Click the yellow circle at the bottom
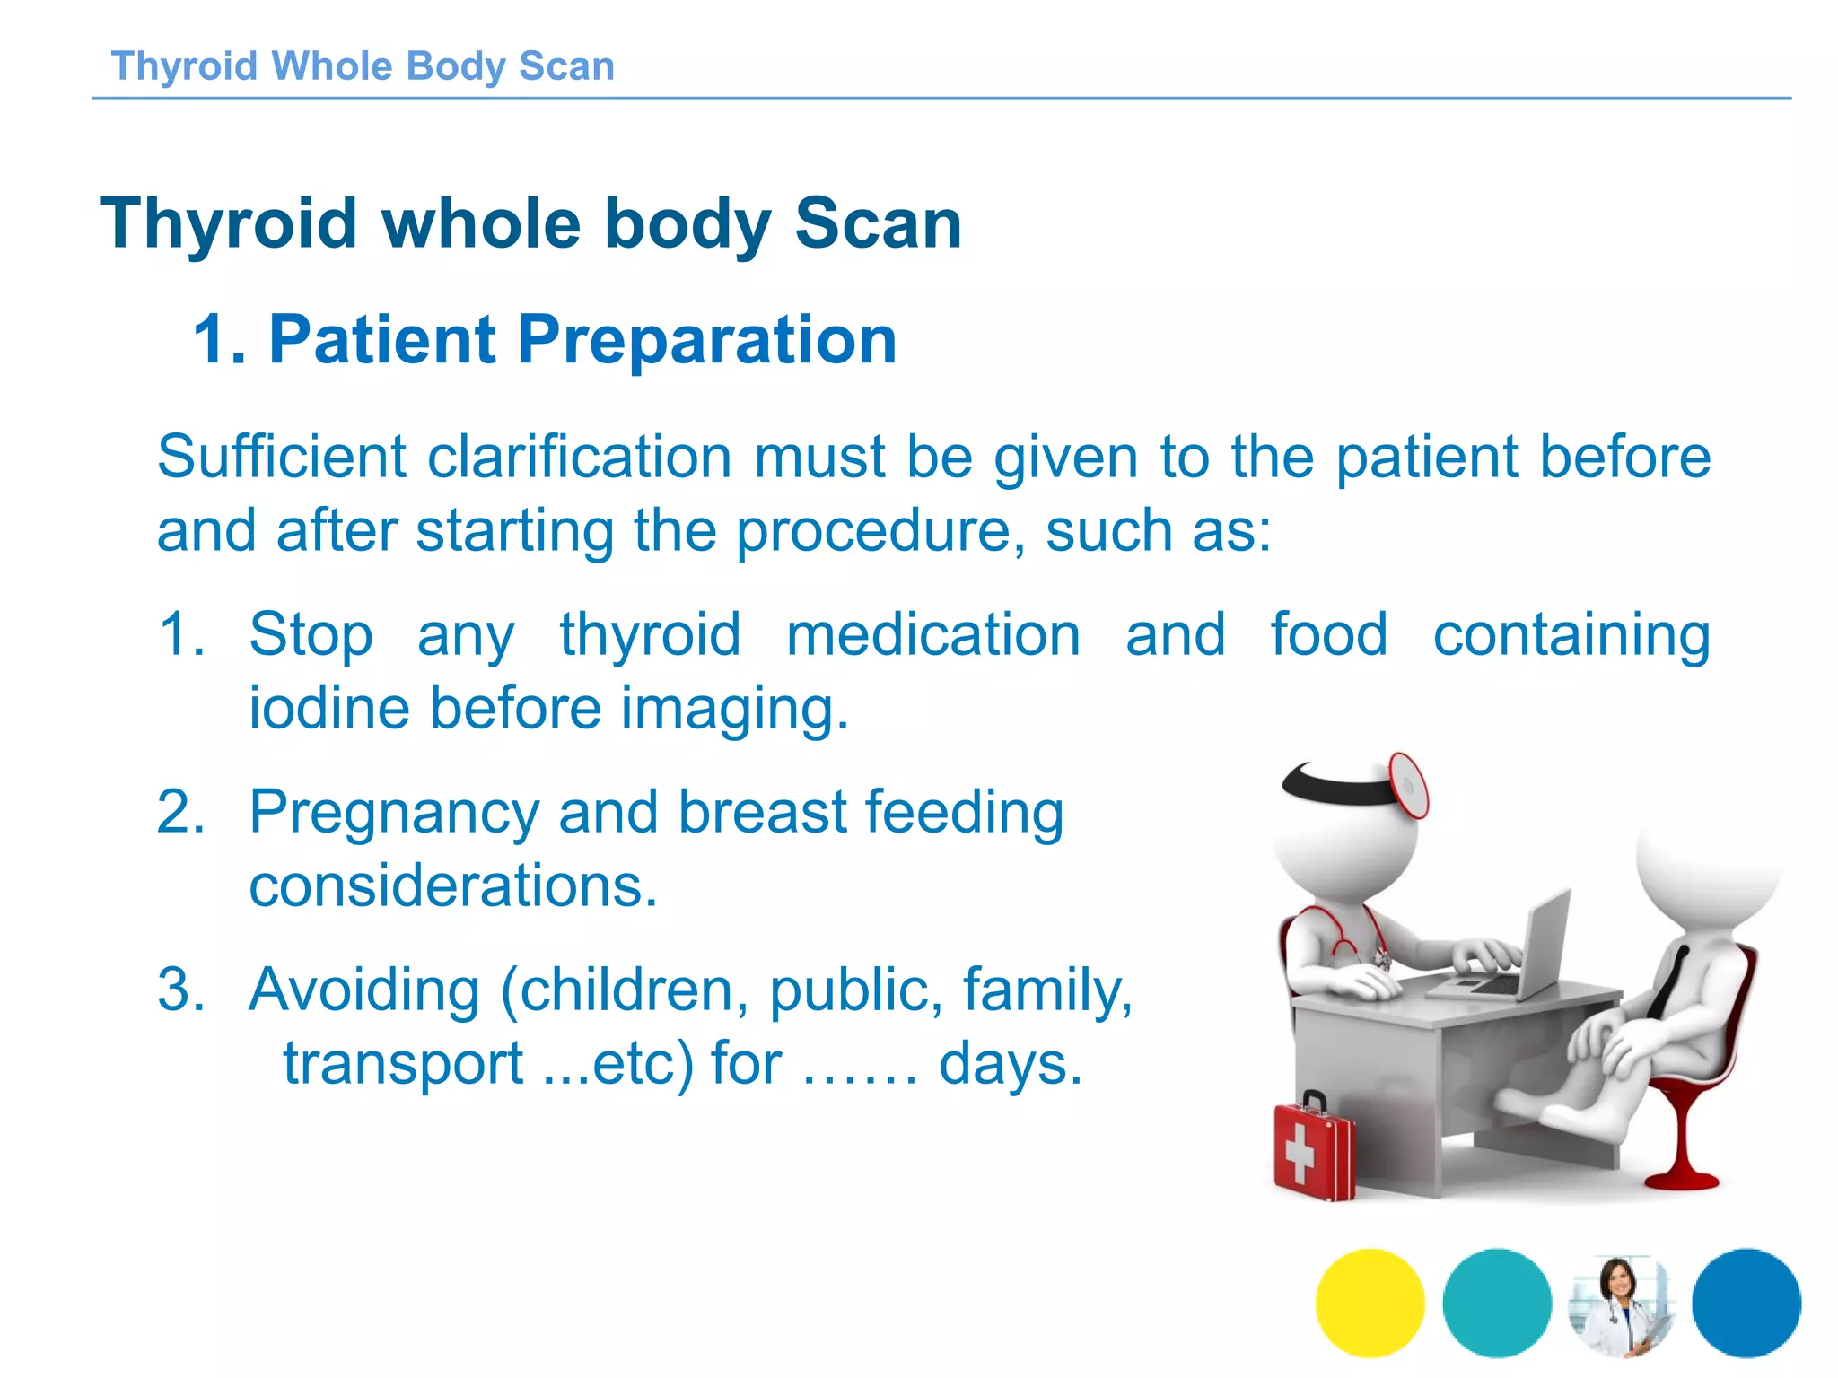(1370, 1302)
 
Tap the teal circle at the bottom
(1496, 1302)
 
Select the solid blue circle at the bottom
(1746, 1302)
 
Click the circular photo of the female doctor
(1621, 1304)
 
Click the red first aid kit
(1313, 1150)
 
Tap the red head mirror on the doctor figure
(1408, 785)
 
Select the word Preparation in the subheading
(706, 340)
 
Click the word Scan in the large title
(878, 223)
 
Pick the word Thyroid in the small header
(184, 66)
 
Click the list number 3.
(179, 990)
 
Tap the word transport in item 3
(403, 1063)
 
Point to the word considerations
(453, 886)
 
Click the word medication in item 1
(932, 635)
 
